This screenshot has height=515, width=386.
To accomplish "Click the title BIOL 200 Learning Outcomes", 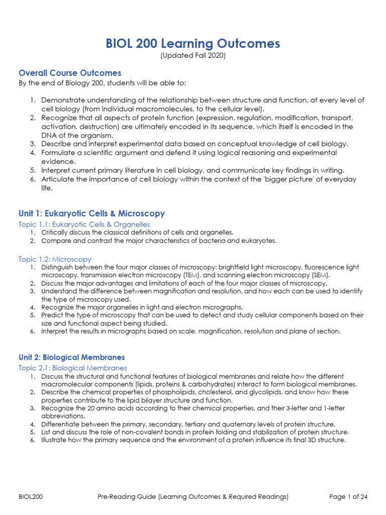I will coord(192,44).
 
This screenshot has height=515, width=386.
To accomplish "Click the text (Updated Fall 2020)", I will coord(192,56).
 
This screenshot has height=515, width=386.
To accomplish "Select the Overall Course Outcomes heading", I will coord(70,73).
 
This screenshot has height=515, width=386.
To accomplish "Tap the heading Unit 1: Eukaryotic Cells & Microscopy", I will coord(91,214).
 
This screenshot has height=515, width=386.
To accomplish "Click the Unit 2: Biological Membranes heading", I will coord(71,357).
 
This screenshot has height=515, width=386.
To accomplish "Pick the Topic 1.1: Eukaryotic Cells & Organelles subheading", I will coord(84,224).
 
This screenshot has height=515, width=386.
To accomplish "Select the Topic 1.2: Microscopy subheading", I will coord(55,259).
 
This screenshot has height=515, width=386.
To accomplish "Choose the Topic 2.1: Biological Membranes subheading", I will coord(73,368).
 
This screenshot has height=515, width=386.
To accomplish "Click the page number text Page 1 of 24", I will coord(348,497).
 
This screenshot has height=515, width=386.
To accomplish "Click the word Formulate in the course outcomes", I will coord(59,152).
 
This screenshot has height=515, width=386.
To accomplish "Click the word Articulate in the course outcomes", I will coord(59,179).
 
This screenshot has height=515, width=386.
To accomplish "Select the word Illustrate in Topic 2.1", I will coord(55,440).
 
